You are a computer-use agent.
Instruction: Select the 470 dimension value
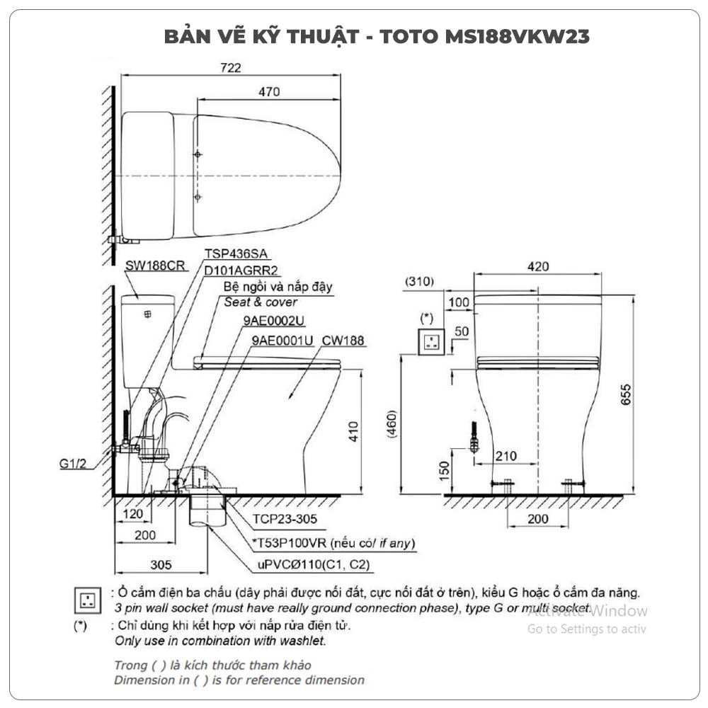coord(268,91)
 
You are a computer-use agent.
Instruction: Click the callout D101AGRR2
coord(241,270)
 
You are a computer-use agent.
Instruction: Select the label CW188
coord(343,341)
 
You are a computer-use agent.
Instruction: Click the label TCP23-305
coord(285,519)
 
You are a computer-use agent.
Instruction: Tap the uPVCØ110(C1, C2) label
coord(314,564)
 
